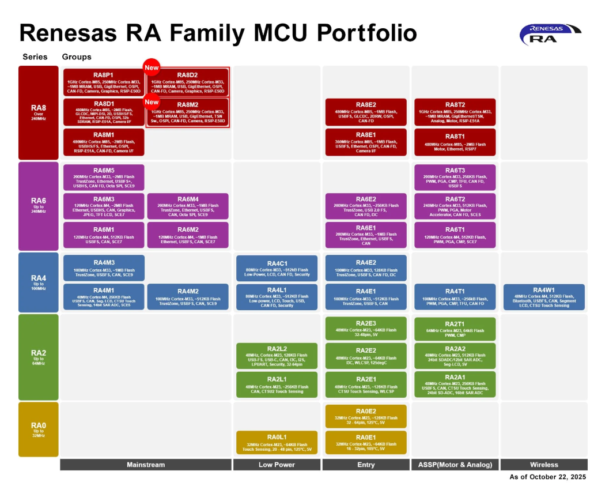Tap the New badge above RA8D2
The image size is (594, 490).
coord(151,67)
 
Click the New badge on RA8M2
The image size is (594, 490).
coord(151,102)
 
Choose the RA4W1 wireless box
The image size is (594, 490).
coord(544,297)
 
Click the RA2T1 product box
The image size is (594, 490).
coord(455,327)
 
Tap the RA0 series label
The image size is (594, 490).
coord(39,429)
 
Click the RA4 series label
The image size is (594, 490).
coord(39,282)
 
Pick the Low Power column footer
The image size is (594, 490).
coord(277,465)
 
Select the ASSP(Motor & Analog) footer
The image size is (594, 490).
coord(455,465)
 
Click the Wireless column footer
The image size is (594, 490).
coord(544,465)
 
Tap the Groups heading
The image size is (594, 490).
coord(77,57)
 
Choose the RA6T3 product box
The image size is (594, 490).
coord(455,178)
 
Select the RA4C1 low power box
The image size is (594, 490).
coord(277,268)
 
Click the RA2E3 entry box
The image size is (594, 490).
coord(366,327)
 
